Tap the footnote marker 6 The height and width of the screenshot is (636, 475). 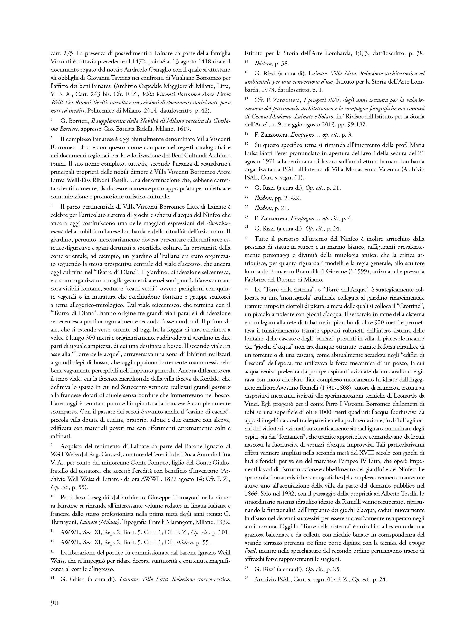click(x=52, y=119)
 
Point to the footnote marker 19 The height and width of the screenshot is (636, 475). click(x=246, y=143)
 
